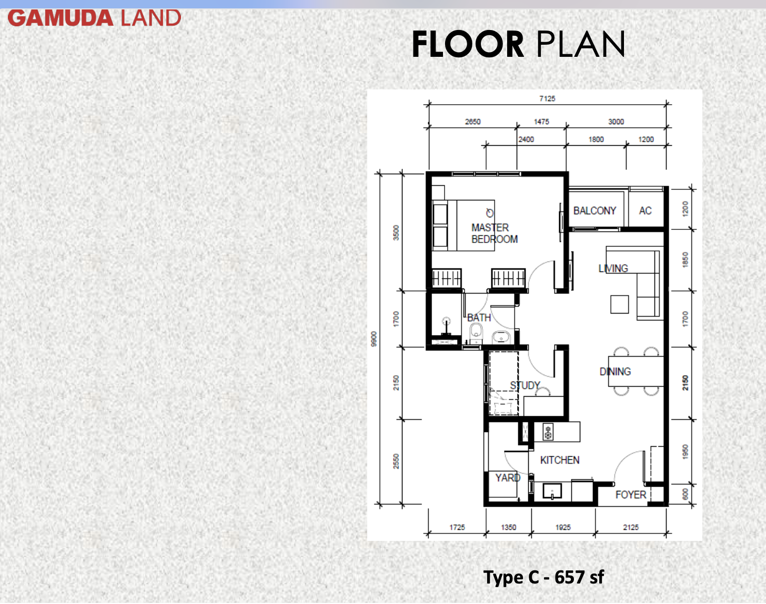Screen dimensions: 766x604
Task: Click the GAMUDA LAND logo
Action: click(94, 18)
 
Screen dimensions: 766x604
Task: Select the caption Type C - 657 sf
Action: click(543, 577)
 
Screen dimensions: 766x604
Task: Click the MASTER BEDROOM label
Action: click(495, 233)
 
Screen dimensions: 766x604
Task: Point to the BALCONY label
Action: click(594, 210)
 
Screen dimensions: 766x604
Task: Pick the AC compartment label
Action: click(645, 210)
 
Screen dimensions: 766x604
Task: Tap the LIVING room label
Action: click(613, 268)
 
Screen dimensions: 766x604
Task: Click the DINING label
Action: click(615, 371)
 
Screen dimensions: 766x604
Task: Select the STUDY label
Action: click(525, 386)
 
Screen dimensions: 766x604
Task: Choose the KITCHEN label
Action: click(560, 460)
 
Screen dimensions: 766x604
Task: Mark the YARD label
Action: click(508, 478)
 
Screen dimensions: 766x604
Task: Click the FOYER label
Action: click(630, 495)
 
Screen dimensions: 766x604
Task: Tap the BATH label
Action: click(479, 317)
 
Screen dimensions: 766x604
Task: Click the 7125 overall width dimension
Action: click(547, 98)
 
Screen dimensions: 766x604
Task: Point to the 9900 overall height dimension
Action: click(374, 338)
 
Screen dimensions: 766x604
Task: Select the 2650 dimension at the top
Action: click(472, 122)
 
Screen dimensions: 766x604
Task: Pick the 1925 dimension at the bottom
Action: click(563, 527)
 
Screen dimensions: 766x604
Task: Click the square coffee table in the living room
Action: click(619, 304)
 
